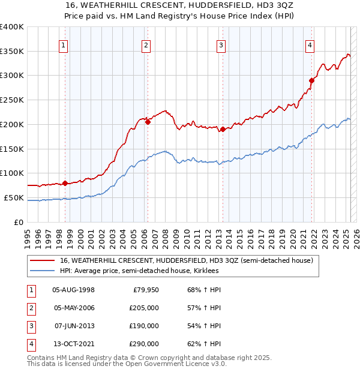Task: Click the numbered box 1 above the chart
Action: pos(64,45)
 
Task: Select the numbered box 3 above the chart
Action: pos(221,45)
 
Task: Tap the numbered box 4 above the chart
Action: pos(310,45)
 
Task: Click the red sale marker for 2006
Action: pos(148,122)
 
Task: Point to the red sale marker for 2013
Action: pos(223,129)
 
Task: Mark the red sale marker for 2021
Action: pos(311,80)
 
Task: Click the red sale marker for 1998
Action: pos(65,183)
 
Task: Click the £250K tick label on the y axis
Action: pos(12,100)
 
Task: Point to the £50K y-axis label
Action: pos(14,197)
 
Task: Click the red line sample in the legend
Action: pos(42,261)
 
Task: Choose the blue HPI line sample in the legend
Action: pos(42,271)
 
